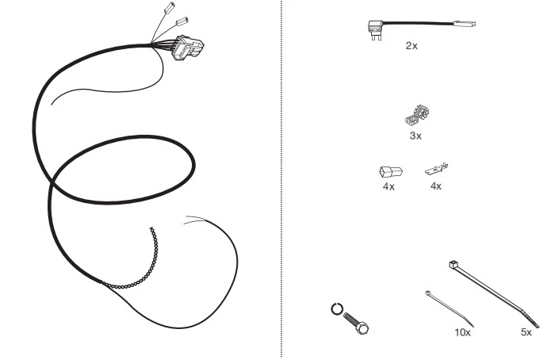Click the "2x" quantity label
(411, 46)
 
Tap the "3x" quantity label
(415, 136)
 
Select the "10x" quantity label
(462, 332)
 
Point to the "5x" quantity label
(526, 332)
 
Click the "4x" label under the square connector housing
(388, 186)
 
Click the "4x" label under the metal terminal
(436, 186)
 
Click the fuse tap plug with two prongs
(375, 29)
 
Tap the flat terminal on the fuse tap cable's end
(465, 24)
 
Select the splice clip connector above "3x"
(417, 115)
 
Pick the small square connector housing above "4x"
(391, 172)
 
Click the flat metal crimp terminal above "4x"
(437, 169)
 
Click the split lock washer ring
(337, 309)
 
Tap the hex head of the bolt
(362, 328)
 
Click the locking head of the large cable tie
(453, 264)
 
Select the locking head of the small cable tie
(428, 293)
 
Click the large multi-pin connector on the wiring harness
(188, 48)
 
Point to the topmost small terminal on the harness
(170, 8)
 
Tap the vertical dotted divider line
(281, 180)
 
